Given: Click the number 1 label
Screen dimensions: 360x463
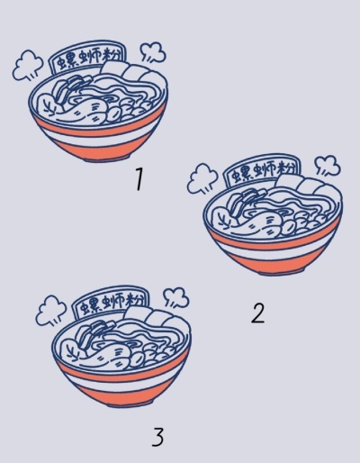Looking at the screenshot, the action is [x=139, y=179].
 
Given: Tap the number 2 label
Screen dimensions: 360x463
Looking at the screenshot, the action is [x=258, y=313].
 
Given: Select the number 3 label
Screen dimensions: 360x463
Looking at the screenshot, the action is [x=157, y=437].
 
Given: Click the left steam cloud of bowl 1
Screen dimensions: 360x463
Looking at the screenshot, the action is [x=28, y=65].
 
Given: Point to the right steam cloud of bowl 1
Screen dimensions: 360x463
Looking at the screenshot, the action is [x=153, y=52].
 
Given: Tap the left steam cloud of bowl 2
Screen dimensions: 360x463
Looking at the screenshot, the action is [x=202, y=178].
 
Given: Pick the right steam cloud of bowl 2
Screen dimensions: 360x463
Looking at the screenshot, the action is [x=328, y=166].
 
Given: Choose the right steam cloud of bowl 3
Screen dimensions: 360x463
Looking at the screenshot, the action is [x=176, y=298].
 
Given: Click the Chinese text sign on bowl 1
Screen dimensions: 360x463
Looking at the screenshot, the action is [x=87, y=57].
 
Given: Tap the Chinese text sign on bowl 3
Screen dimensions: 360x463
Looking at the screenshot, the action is [x=112, y=303].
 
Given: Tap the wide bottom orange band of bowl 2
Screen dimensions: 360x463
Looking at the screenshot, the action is [x=277, y=262].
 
